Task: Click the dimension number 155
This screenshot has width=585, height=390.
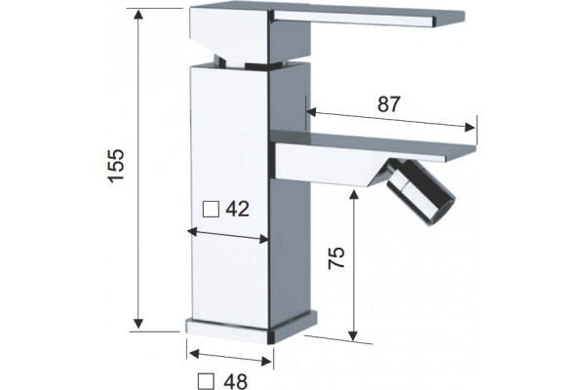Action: pos(115,166)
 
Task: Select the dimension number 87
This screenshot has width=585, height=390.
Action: pos(388,104)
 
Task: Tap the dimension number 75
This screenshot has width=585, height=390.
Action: pos(335,257)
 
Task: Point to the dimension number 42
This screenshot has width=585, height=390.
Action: pos(237,209)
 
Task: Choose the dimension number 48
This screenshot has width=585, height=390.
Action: pos(235,381)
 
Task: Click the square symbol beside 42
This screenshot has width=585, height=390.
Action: pos(211,210)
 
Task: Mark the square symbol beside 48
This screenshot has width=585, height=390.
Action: pos(207,381)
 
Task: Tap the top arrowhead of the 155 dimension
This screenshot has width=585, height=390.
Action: pos(138,15)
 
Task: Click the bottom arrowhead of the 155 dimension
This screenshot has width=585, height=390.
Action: pos(138,323)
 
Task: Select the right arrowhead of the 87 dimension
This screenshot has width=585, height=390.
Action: pos(470,128)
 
